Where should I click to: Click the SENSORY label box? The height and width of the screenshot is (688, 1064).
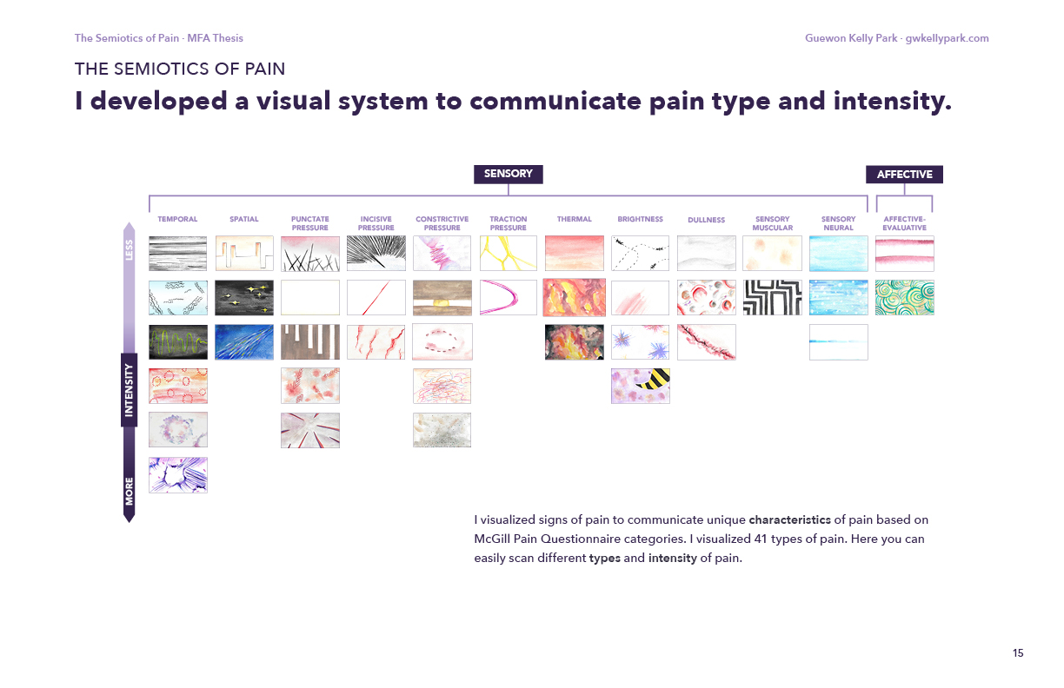508,174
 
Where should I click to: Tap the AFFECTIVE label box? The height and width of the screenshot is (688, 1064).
904,175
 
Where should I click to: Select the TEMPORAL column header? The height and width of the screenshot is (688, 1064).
177,220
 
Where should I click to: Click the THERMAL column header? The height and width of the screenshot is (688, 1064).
574,220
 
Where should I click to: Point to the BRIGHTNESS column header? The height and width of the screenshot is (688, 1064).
640,220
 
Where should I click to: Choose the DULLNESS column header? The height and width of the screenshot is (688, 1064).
706,221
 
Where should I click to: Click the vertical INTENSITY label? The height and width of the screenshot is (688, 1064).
130,390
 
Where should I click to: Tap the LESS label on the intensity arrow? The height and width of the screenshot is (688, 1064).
130,250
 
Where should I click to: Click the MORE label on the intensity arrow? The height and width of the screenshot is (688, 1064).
130,491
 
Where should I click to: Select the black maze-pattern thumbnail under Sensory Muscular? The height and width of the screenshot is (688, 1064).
772,297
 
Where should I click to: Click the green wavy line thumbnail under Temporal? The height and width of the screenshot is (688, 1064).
178,341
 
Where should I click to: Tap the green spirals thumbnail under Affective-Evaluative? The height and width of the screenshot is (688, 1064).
904,297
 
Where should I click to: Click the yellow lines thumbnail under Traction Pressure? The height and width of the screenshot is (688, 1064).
509,253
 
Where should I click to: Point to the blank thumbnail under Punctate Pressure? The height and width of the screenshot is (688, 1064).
310,297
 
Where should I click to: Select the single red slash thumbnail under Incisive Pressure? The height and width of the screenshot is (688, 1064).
376,297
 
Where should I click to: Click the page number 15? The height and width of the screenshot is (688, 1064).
1017,653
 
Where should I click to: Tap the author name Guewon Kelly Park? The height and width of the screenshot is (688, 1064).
852,38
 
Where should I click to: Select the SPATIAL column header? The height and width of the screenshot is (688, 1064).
244,220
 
